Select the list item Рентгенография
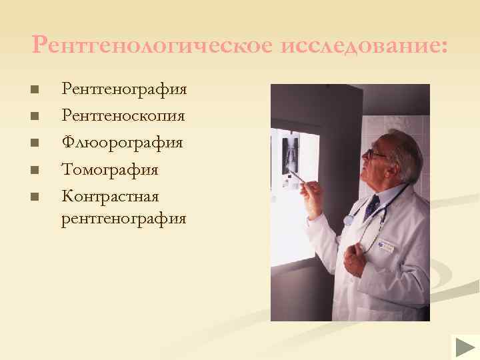[x=124, y=89]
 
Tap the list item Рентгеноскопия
[x=123, y=116]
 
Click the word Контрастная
[x=110, y=197]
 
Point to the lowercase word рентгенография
[x=124, y=218]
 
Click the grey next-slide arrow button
[x=465, y=347]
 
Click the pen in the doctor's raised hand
[x=296, y=177]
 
